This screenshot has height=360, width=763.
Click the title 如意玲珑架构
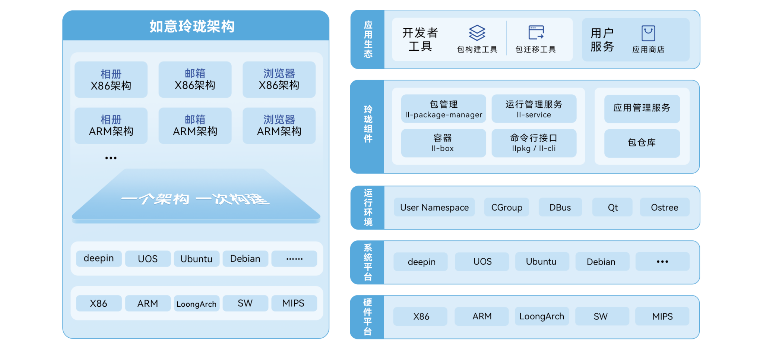coord(192,26)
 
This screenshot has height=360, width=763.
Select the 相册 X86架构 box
coord(111,80)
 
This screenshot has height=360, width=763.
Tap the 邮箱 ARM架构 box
coord(195,126)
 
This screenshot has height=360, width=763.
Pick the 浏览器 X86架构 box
coord(279,80)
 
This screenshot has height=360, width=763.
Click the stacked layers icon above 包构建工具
coord(477,33)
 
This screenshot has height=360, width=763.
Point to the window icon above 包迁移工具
coord(536,32)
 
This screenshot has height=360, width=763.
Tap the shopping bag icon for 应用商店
coord(648,33)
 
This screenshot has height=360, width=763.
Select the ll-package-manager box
coord(443,109)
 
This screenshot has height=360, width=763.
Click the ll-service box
coord(534,109)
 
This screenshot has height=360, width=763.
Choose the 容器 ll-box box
coord(443,143)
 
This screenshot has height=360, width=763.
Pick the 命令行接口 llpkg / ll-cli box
coord(534,143)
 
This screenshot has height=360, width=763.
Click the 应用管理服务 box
coord(642,108)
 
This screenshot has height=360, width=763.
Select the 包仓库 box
coord(642,143)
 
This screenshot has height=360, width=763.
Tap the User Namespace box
coord(434,207)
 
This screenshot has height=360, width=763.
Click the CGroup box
coord(507,207)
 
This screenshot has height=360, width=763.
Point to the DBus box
coord(560,207)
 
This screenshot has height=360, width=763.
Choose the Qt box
coord(612,207)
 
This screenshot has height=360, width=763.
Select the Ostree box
coord(664,207)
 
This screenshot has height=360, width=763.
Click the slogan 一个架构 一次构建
coord(195,199)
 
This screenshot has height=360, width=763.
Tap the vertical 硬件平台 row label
coord(367,317)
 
